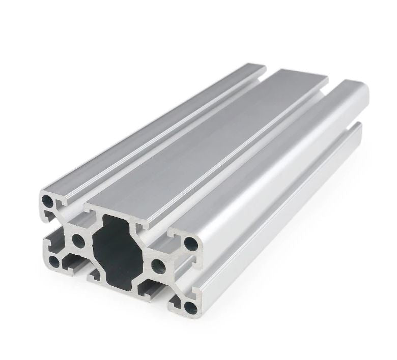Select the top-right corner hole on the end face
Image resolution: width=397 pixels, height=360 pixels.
(191, 244)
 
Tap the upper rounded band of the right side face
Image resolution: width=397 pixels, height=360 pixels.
(285, 153)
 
